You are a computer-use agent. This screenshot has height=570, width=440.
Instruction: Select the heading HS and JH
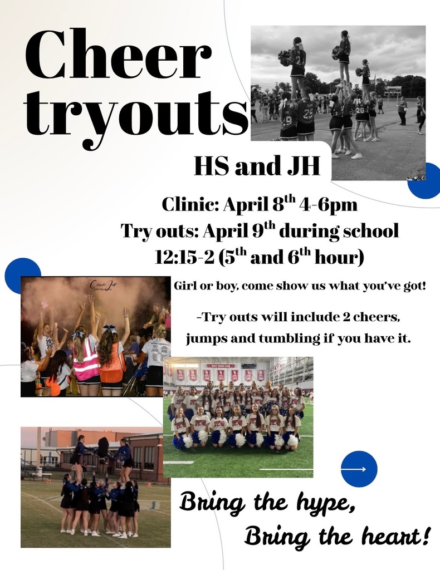tap(257, 166)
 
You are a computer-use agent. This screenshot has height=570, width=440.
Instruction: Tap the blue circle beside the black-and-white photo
tap(424, 181)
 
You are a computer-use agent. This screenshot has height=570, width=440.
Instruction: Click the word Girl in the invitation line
tap(185, 286)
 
